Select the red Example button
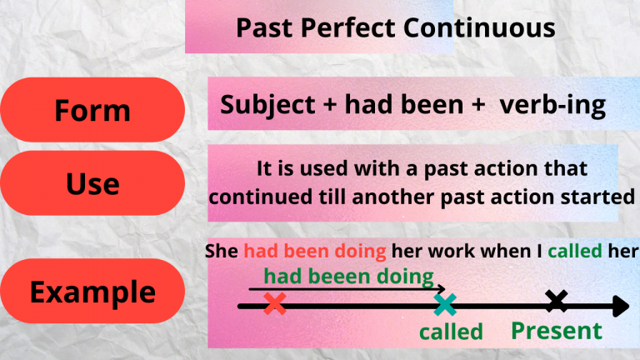pos(92,292)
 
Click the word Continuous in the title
pos(481,28)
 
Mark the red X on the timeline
pos(274,304)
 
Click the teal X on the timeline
pos(446,304)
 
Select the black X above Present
pos(556,302)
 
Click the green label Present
pos(556,331)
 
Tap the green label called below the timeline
pos(451,332)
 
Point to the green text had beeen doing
pos(348,277)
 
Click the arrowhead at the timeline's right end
pos(622,306)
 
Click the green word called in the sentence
pos(580,252)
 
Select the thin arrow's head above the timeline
pos(442,291)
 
